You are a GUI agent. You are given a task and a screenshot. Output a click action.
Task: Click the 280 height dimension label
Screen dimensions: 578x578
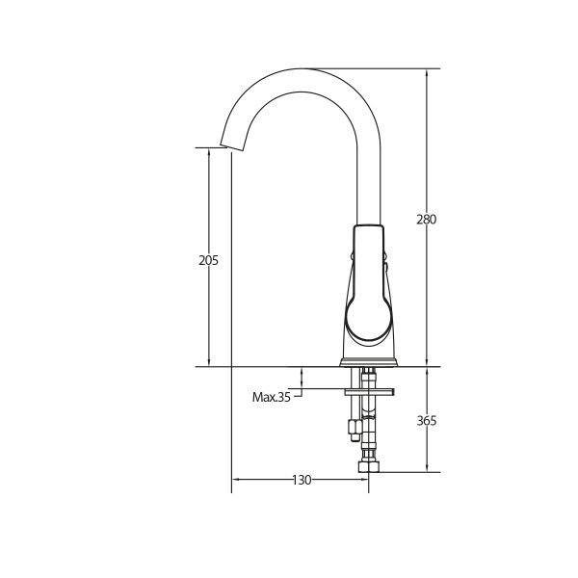point(427,220)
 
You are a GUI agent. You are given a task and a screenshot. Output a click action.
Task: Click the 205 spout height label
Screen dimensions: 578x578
point(209,261)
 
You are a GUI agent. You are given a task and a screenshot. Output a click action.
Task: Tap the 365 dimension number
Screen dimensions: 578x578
point(427,421)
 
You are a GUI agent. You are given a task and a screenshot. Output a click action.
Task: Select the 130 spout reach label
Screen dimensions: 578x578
point(302,480)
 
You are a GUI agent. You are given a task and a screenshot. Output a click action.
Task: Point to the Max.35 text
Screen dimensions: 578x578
point(272,397)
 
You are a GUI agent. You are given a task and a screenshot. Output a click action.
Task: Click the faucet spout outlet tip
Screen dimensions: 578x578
point(232,147)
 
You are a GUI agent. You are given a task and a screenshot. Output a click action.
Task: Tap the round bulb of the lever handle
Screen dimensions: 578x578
point(369,318)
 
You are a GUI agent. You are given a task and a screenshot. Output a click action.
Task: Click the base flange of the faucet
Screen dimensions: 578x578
point(369,362)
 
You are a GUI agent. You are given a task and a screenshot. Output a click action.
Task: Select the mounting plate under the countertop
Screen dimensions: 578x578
point(369,392)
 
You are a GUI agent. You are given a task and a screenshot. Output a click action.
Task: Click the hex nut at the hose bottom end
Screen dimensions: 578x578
point(369,466)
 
